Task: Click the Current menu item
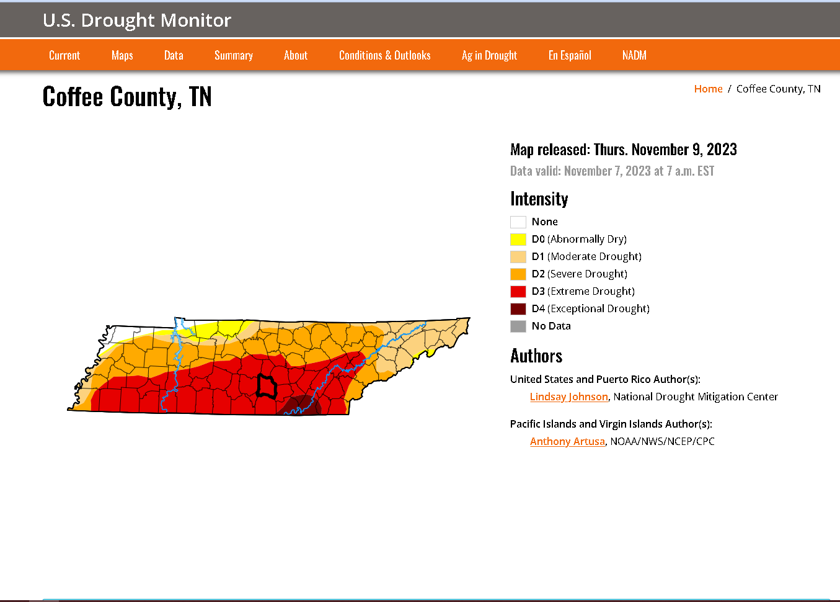(x=64, y=55)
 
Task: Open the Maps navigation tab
(x=122, y=55)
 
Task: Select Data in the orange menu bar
(x=174, y=55)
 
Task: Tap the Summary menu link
(x=234, y=55)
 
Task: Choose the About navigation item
(x=296, y=55)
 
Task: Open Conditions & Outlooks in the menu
(x=384, y=55)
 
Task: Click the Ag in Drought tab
(x=489, y=55)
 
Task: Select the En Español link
(x=570, y=55)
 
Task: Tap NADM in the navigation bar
(x=634, y=55)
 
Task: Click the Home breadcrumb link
(x=708, y=89)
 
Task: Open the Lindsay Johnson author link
(x=568, y=397)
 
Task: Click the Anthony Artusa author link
(x=567, y=441)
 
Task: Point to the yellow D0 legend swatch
(x=518, y=240)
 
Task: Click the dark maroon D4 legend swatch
(x=518, y=309)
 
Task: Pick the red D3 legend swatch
(x=518, y=292)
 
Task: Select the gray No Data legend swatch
(x=518, y=326)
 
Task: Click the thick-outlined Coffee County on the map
(x=267, y=387)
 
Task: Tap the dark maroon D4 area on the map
(x=303, y=405)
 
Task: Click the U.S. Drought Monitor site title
(x=137, y=20)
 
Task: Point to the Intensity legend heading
(x=539, y=199)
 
